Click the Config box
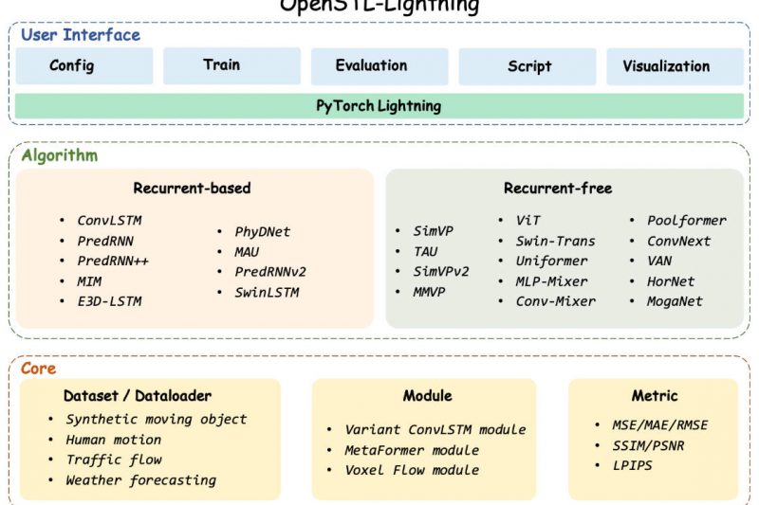pos(84,66)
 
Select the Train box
pos(232,65)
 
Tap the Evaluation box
pos(379,66)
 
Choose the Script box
pos(528,66)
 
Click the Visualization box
pos(675,66)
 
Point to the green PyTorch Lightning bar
pos(379,106)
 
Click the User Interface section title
pos(81,35)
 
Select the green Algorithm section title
pos(60,155)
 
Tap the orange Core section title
pos(39,369)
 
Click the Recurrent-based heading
pos(192,188)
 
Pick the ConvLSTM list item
pos(109,221)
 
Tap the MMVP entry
pos(428,291)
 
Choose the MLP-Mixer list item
pos(551,280)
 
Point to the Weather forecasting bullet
pos(140,480)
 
